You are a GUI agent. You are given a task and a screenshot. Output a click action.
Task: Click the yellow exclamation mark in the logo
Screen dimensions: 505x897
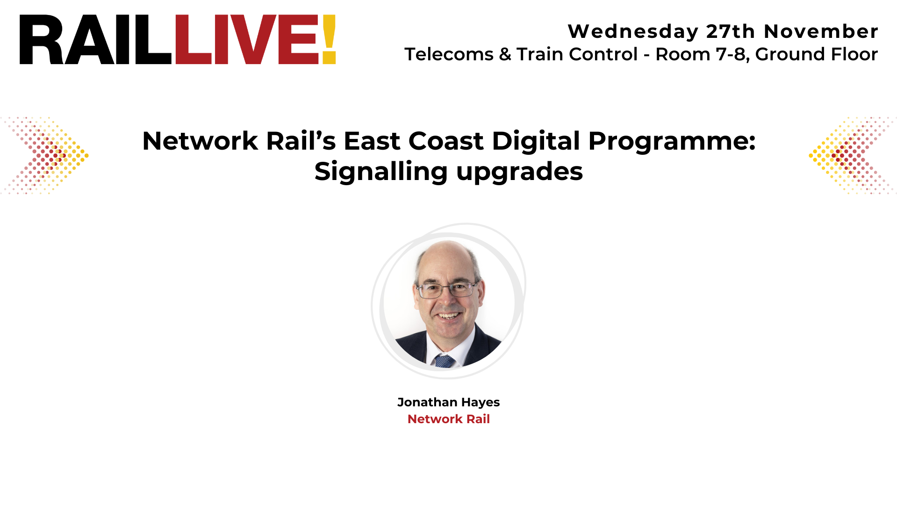(329, 40)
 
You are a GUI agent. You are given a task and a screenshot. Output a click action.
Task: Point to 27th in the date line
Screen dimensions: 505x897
(731, 32)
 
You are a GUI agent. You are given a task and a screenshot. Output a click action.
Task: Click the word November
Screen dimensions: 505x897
(821, 32)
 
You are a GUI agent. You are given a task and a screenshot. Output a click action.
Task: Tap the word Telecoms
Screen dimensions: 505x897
(449, 54)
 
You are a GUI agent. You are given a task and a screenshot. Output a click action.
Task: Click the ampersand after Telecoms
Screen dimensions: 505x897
(505, 54)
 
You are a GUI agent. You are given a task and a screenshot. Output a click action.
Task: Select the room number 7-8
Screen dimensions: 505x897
(732, 54)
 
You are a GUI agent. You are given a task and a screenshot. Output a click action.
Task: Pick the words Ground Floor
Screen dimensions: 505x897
(817, 54)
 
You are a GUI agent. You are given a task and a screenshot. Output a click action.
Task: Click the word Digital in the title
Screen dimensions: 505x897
(536, 141)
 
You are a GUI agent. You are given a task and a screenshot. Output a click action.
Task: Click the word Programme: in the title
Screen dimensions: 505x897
(672, 142)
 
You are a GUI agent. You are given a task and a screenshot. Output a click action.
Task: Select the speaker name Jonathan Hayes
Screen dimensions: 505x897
(448, 402)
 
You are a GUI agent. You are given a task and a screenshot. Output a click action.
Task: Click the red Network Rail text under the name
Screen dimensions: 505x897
(448, 419)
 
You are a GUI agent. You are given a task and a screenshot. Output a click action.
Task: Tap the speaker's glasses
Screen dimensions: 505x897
(447, 290)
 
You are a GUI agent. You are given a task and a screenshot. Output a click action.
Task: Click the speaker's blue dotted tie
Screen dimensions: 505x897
(444, 361)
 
